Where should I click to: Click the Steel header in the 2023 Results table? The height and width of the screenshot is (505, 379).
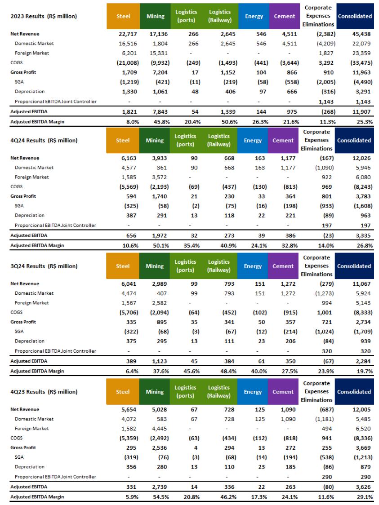tap(123, 17)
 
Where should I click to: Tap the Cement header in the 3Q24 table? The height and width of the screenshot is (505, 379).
tap(283, 266)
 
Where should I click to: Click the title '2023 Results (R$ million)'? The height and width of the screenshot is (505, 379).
tap(43, 17)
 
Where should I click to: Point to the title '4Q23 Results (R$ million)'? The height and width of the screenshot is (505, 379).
tap(43, 392)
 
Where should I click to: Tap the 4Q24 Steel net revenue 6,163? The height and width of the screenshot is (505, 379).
tap(122, 158)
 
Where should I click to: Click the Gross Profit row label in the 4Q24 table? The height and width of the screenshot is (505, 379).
tap(24, 196)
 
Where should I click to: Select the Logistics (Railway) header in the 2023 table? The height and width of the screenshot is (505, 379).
tap(220, 17)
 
